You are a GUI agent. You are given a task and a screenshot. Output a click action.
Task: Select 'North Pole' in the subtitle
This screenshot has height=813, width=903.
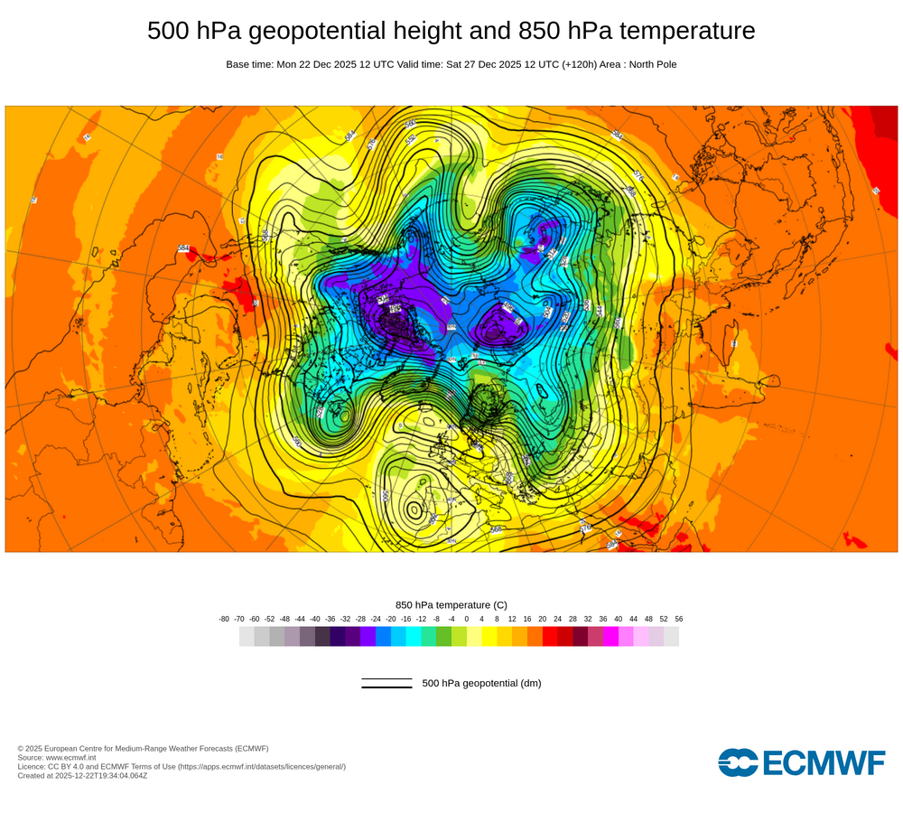coord(649,64)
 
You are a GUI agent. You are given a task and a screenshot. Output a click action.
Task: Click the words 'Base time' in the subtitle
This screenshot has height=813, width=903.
coord(248,64)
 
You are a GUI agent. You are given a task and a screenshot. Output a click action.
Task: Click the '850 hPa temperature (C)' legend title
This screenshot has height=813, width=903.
coord(451,604)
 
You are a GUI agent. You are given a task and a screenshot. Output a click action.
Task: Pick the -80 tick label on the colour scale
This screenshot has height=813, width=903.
coord(224,619)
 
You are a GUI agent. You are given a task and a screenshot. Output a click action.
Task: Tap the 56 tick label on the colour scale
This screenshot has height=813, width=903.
coord(678,619)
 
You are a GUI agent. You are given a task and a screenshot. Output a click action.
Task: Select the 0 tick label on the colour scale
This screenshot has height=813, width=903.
coord(467,619)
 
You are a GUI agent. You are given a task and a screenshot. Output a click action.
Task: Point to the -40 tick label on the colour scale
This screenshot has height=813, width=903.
coord(315,619)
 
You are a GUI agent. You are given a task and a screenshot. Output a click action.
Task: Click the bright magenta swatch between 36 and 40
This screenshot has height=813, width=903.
coord(610,637)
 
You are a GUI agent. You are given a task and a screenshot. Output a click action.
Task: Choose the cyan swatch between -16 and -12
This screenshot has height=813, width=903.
coord(414,637)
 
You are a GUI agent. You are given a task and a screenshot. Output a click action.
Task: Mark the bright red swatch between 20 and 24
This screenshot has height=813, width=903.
coord(550,637)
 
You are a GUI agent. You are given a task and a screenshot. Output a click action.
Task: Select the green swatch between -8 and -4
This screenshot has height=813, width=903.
coord(443,637)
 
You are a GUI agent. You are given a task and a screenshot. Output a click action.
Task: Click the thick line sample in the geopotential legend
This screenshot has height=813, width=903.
coord(386,687)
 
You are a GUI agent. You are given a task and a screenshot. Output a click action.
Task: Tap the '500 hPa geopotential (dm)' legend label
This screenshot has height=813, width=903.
coord(481,683)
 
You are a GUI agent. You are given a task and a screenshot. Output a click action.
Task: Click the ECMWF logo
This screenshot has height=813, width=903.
coord(801,762)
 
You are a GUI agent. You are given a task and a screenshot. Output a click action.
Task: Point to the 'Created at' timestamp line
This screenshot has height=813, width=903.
coord(82,775)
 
